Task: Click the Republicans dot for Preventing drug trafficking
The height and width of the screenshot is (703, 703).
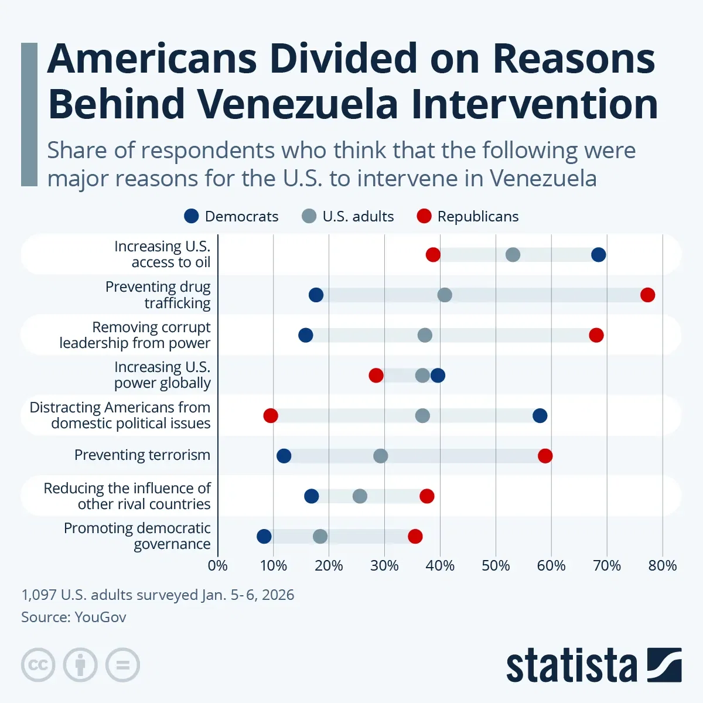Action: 647,295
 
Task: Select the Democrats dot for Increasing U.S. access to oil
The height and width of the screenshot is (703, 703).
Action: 598,254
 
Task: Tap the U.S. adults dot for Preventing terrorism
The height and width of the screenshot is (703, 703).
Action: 380,456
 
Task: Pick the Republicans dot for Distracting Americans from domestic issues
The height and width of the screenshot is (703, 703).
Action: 270,415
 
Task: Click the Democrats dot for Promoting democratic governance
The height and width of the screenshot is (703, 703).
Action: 264,536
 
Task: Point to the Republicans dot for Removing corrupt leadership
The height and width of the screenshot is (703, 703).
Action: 596,335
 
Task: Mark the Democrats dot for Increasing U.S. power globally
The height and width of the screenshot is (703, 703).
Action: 438,376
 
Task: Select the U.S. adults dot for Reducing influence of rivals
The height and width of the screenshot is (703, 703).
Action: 360,496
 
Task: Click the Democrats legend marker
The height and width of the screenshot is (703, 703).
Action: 192,216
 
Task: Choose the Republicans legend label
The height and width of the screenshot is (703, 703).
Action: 477,216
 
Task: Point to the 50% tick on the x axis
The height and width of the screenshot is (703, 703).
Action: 496,565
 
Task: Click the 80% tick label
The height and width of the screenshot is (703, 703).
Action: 663,565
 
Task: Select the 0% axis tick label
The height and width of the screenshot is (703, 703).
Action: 218,565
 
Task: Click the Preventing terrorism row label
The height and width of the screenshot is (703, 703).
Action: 142,455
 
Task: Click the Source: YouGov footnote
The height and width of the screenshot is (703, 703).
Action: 74,617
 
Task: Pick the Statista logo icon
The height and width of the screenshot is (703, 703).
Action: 664,665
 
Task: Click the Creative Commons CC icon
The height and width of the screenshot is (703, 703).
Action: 38,665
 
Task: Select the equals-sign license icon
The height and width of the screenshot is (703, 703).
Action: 122,665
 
